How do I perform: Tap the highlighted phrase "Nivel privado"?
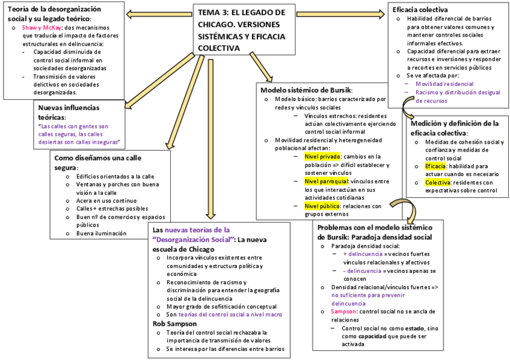(x=322, y=156)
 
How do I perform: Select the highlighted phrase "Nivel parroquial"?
(x=326, y=181)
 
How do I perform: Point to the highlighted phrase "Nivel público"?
(x=322, y=206)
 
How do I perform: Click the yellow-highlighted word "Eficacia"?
(x=435, y=166)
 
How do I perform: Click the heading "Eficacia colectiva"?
(x=419, y=10)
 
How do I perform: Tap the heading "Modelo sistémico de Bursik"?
(x=310, y=90)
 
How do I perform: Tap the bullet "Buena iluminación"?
(x=101, y=233)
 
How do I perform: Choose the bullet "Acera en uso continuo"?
(x=106, y=200)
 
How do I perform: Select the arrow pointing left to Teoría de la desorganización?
(x=159, y=13)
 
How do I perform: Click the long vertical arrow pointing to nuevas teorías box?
(x=210, y=138)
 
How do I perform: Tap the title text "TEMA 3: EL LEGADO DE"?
(x=242, y=12)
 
